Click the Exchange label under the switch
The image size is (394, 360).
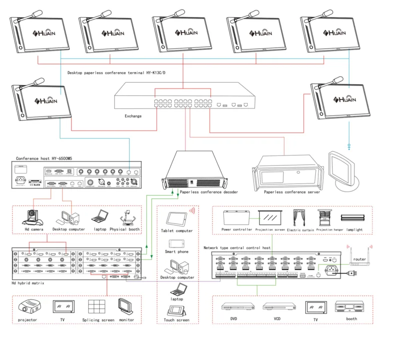pyautogui.click(x=133, y=116)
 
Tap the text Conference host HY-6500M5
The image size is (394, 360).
pyautogui.click(x=44, y=158)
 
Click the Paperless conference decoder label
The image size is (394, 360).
pyautogui.click(x=209, y=192)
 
